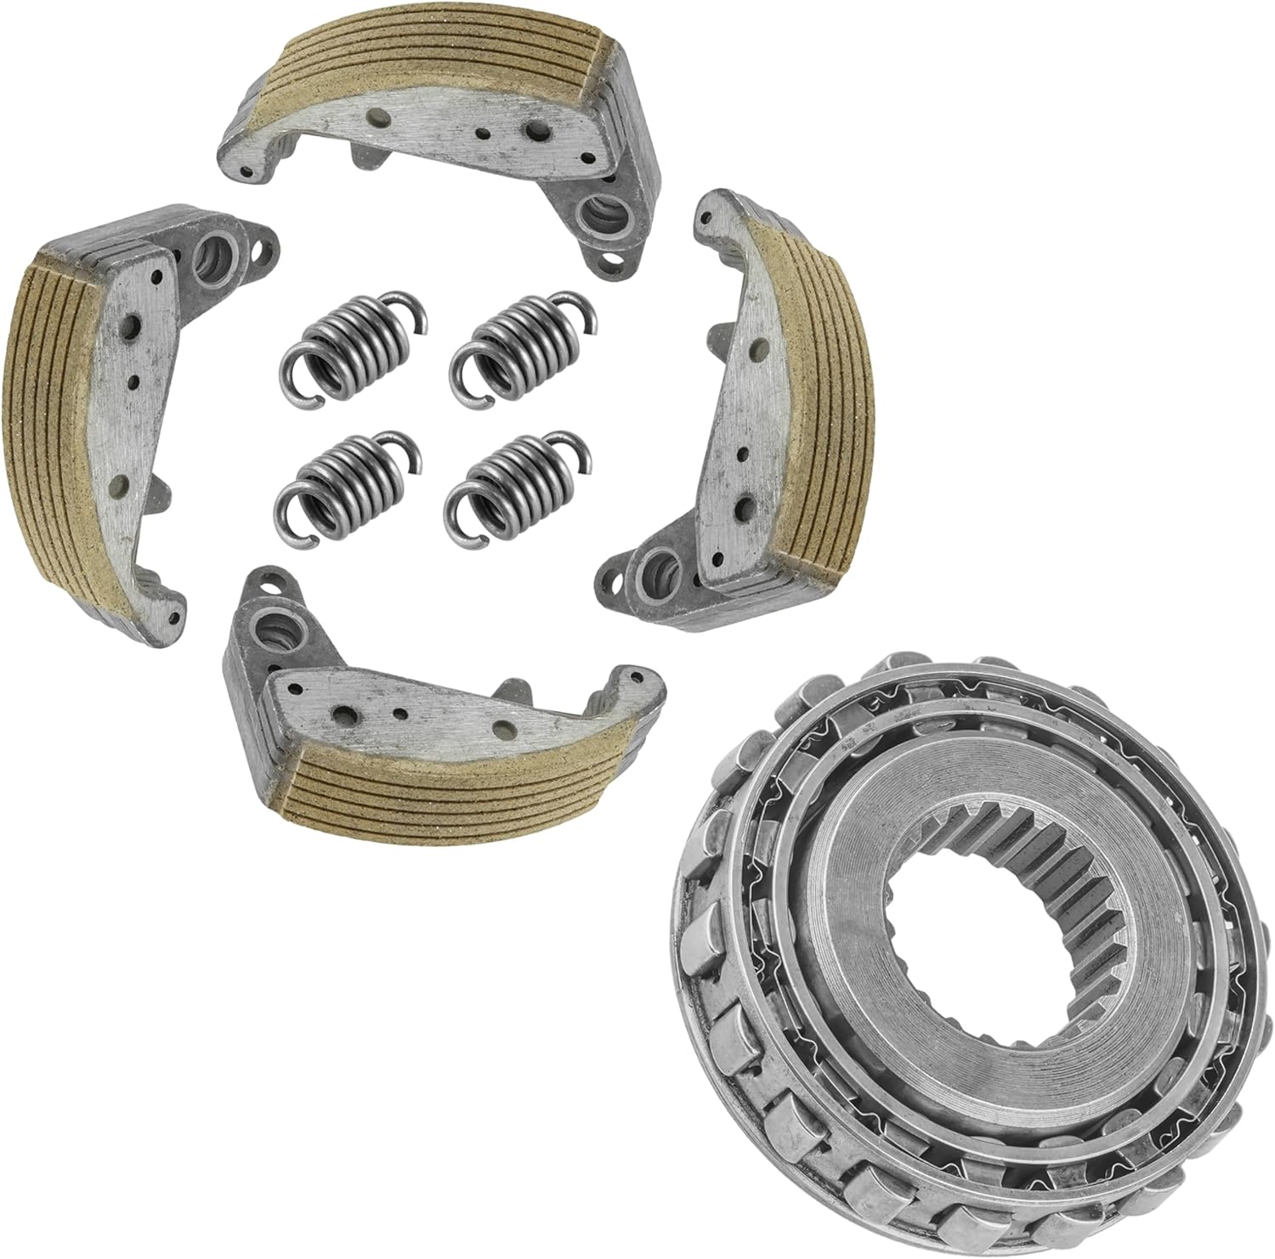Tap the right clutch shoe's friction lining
tap(812, 399)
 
